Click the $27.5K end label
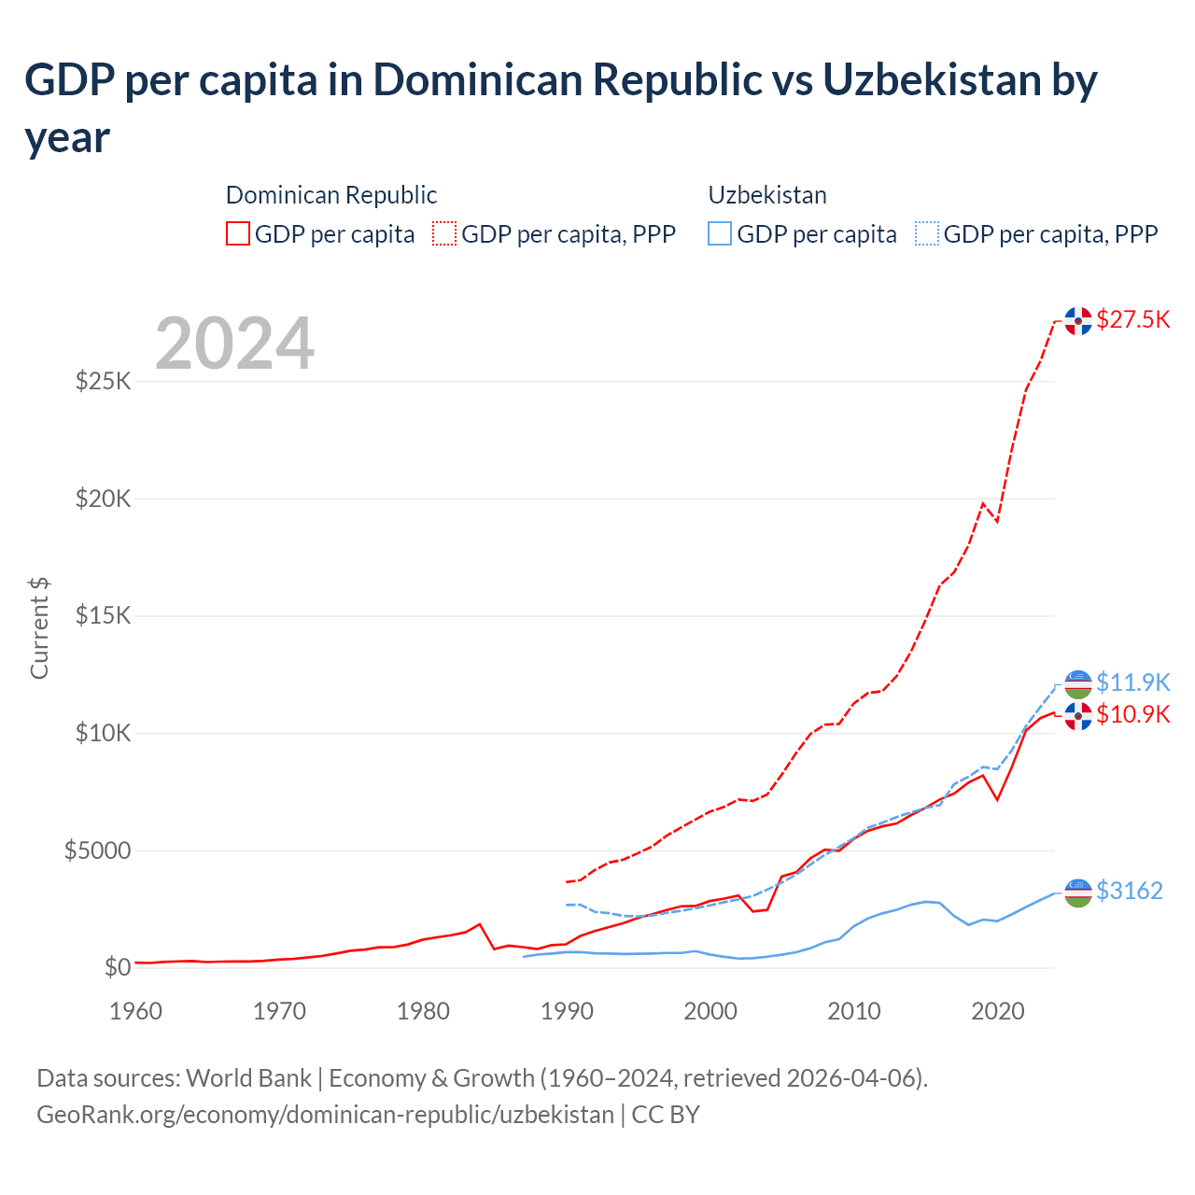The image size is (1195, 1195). click(1132, 319)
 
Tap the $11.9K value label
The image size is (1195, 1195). click(1132, 682)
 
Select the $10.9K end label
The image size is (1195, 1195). click(1132, 714)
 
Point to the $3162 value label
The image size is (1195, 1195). click(1129, 891)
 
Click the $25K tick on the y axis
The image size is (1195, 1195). click(103, 381)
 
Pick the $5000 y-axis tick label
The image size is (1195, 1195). click(97, 851)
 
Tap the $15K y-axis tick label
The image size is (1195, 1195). click(103, 615)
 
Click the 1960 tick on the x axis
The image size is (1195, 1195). click(136, 1011)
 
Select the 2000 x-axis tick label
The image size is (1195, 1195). click(710, 1011)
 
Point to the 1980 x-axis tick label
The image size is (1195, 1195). click(423, 1011)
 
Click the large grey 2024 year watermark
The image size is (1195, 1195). click(234, 344)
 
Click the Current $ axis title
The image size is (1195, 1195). click(39, 627)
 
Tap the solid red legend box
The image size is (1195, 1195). click(238, 233)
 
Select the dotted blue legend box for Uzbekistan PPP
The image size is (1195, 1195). click(927, 233)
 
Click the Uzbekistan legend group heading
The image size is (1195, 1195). click(767, 195)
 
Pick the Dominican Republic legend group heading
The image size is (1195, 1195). click(331, 195)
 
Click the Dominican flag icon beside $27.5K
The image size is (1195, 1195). click(1078, 320)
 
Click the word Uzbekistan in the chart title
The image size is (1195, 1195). click(932, 80)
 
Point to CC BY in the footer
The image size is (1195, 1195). click(666, 1115)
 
